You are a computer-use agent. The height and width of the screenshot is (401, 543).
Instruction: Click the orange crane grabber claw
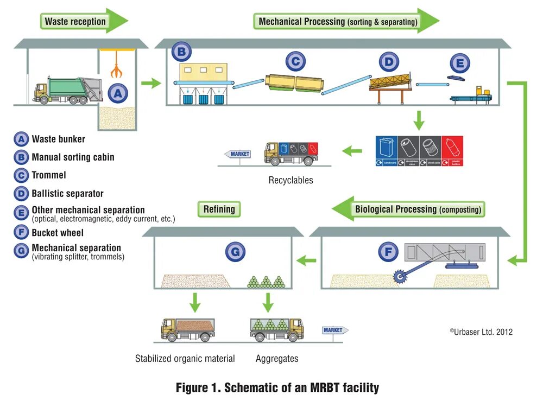click(x=115, y=71)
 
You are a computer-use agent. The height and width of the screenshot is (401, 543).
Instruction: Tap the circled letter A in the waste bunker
click(x=118, y=93)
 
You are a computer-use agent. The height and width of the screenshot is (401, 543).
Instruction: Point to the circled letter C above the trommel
click(x=294, y=61)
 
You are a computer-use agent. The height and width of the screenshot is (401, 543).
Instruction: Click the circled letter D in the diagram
click(x=389, y=62)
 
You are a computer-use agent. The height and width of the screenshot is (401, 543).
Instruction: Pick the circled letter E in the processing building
click(x=460, y=63)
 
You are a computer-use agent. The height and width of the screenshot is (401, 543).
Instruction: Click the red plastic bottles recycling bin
click(x=453, y=150)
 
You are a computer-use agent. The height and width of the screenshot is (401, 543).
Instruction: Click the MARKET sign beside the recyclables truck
click(x=238, y=154)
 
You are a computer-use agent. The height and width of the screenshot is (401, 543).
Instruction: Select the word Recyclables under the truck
click(x=291, y=180)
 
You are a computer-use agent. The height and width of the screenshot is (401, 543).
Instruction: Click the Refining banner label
click(x=219, y=209)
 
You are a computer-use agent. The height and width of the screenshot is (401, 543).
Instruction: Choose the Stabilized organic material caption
click(x=185, y=359)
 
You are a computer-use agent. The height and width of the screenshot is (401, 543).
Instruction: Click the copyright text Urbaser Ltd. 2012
click(x=481, y=332)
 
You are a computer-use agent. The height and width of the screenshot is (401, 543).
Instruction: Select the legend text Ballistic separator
click(x=67, y=193)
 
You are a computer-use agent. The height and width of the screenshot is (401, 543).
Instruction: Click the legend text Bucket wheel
click(x=58, y=233)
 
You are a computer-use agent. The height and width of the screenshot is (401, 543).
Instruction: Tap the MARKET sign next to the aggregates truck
click(x=334, y=330)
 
